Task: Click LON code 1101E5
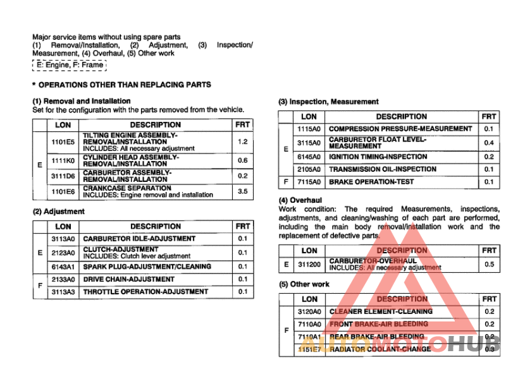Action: coord(63,141)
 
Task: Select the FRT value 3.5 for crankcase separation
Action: coord(242,191)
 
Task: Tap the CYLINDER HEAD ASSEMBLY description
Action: coord(130,160)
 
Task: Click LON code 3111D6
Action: coord(63,176)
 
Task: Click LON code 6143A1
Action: coord(63,267)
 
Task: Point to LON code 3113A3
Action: coord(63,292)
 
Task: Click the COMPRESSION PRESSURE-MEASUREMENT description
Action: coord(400,129)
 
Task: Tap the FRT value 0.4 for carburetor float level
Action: coord(488,143)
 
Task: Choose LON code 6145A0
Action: coord(309,157)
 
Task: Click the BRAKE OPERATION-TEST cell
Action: coord(371,182)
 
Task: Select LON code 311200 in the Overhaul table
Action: coord(309,264)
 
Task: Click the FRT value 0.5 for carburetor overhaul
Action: coord(488,264)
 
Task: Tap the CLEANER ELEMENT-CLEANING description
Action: coord(381,311)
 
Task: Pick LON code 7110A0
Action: coord(309,324)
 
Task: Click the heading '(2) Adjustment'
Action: coord(58,212)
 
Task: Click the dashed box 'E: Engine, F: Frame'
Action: coord(70,65)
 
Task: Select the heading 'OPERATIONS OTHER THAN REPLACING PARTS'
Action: coord(125,84)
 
